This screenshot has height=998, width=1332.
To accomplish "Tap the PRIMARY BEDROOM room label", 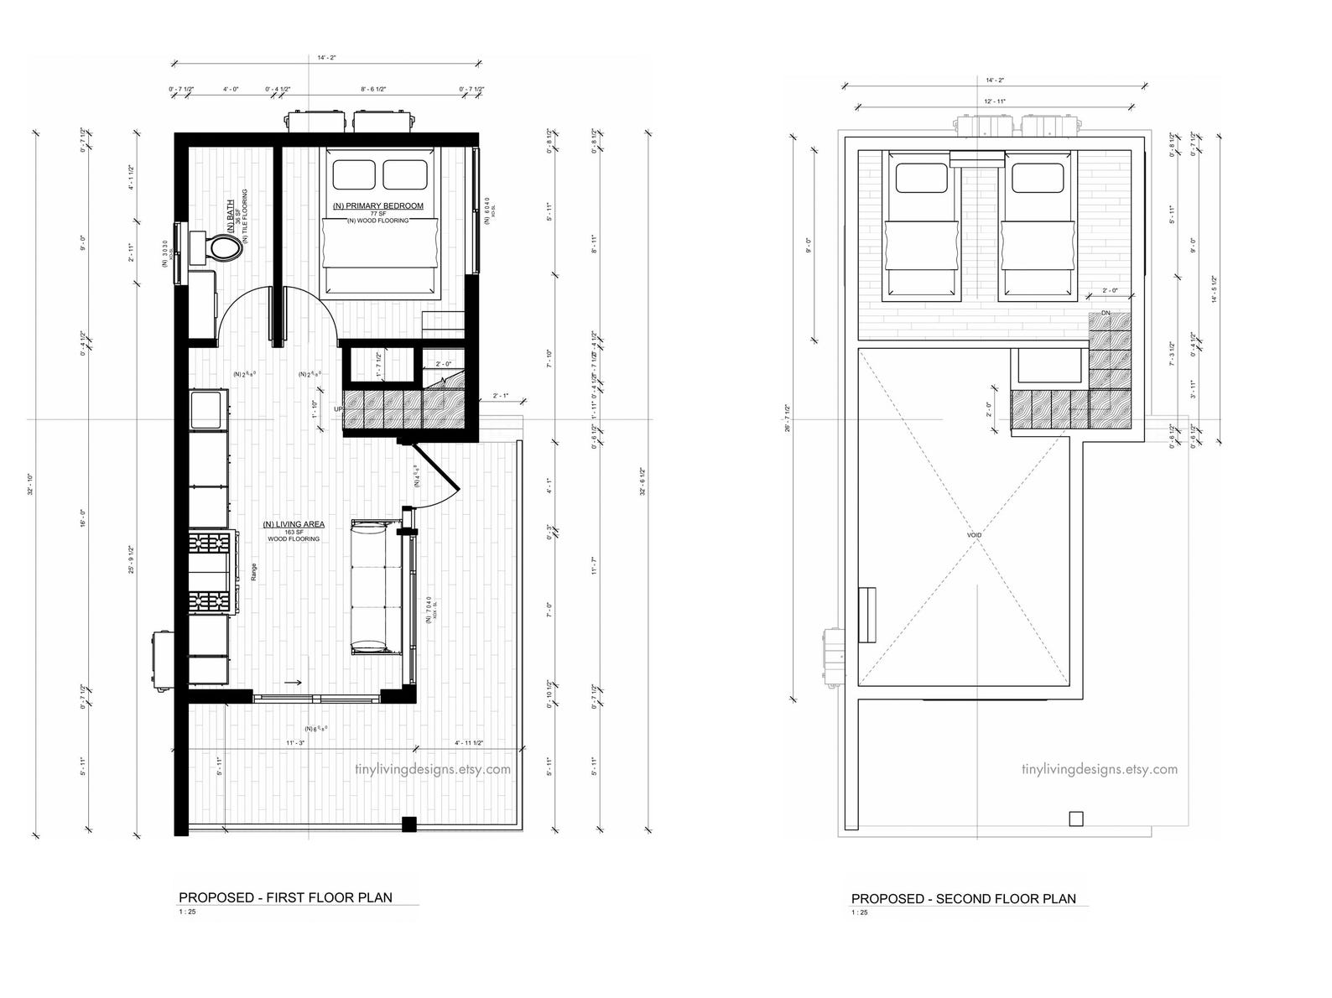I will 377,205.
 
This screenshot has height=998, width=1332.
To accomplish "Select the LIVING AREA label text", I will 294,524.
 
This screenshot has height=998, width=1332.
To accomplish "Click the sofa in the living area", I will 376,587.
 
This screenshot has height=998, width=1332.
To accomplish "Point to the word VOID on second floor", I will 974,534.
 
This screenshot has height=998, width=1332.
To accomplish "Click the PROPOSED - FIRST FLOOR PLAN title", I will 286,897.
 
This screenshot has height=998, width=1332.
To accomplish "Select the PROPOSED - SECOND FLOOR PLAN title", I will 963,898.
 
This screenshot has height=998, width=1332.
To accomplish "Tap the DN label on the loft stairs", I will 1106,313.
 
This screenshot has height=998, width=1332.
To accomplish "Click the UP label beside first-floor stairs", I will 338,408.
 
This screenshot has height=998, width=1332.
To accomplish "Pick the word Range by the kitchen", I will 252,571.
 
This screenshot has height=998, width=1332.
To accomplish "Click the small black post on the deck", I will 408,824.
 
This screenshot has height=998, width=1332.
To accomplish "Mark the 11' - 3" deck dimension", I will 294,743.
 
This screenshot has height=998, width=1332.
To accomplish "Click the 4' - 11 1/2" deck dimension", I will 469,743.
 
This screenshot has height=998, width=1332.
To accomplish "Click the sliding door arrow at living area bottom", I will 294,684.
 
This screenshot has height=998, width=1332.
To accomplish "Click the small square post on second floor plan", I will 1076,819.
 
